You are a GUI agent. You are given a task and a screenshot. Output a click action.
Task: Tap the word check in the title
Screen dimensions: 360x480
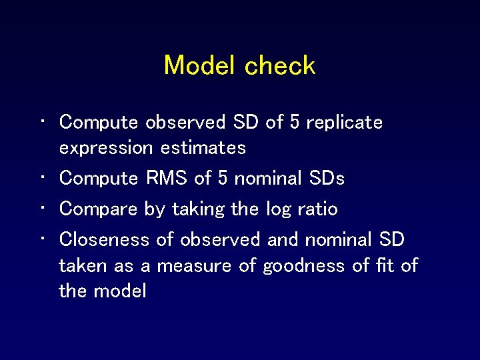coord(280,65)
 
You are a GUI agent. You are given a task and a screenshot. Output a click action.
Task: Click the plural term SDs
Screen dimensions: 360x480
coord(327,179)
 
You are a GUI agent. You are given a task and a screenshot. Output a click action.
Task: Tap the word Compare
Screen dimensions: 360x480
coord(99,209)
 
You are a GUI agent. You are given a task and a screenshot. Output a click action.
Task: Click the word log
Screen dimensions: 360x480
coord(279,209)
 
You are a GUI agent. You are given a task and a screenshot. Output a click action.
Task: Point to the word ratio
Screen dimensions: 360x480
coord(317,209)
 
